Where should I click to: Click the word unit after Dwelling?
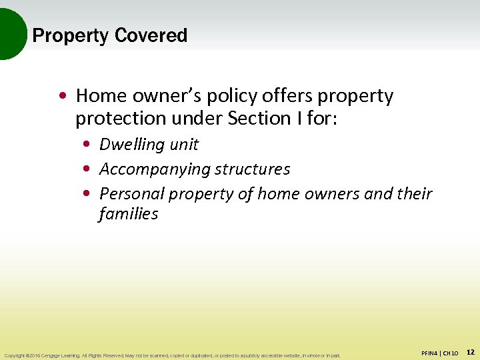[x=184, y=144]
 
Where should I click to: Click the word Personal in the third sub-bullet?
[x=131, y=194]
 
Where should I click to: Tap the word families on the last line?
[x=128, y=214]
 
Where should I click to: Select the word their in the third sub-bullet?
[x=414, y=194]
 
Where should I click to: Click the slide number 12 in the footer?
[x=470, y=351]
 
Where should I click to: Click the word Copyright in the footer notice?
[x=15, y=355]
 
